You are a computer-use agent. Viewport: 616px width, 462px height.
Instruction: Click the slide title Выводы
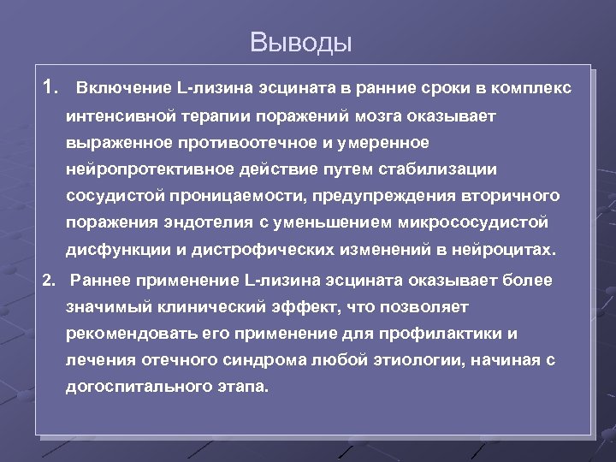pos(301,41)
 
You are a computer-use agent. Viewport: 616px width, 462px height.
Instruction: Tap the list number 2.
pos(49,280)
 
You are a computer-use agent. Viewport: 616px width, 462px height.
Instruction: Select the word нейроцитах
pos(510,252)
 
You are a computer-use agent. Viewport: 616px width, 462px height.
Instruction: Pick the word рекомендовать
pos(127,334)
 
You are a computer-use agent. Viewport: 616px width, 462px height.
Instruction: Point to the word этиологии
pos(413,361)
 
